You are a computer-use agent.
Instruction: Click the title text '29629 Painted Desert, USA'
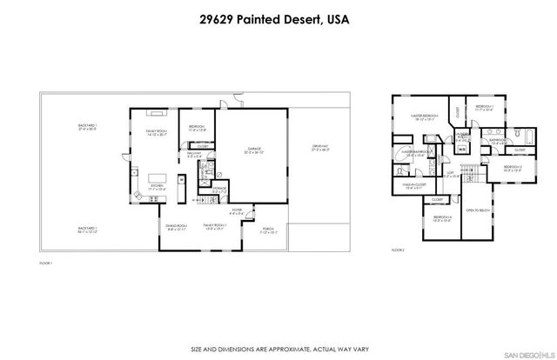(278, 18)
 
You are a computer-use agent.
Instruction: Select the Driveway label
(319, 148)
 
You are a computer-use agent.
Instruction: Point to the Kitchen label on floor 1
(158, 186)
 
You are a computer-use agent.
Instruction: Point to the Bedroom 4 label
(441, 218)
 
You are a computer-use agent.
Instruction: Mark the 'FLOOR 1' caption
(47, 262)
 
